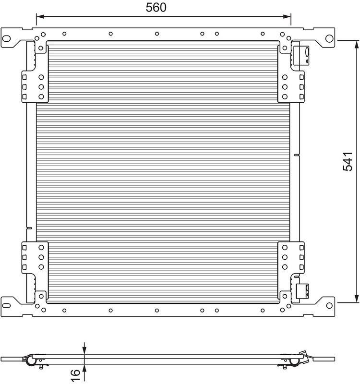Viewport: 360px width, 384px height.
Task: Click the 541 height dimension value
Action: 348,161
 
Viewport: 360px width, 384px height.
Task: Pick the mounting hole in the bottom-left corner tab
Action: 8,304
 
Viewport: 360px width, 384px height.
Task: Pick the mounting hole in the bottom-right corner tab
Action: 329,304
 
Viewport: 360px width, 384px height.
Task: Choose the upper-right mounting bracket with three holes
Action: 291,86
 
